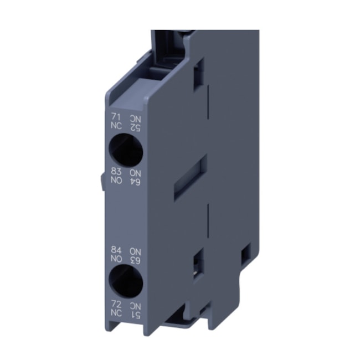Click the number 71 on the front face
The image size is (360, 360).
coord(116,117)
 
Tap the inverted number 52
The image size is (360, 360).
coord(135,127)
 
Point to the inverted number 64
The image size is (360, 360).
coord(135,181)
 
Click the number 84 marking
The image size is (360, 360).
coord(116,250)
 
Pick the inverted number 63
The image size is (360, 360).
coord(135,259)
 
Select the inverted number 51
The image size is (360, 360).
coord(135,315)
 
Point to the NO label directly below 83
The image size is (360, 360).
coord(116,181)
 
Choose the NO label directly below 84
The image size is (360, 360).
coord(116,258)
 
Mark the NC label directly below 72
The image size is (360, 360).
coord(116,314)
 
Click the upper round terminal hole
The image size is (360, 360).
coord(126,149)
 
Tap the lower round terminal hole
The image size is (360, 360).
coord(126,282)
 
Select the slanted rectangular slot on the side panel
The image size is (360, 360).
coord(191,177)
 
